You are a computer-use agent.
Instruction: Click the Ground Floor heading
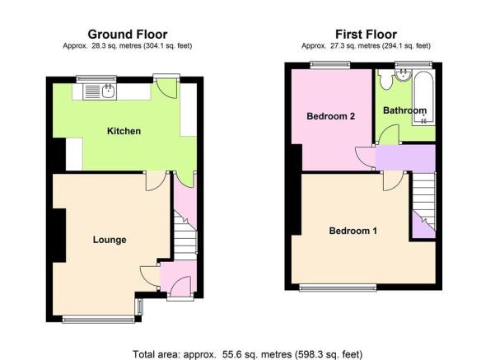click(128, 34)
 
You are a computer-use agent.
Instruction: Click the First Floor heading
click(366, 34)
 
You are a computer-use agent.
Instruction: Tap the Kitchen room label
click(124, 131)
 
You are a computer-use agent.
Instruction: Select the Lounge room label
click(110, 240)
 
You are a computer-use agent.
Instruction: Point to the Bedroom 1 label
click(353, 231)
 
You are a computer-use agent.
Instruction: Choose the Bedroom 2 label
click(330, 116)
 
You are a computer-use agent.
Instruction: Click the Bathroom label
click(404, 110)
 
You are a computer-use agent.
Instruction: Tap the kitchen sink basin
click(109, 91)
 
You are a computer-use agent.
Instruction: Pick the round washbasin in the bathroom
click(403, 76)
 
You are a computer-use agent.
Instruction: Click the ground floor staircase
click(185, 236)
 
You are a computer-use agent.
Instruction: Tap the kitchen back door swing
click(166, 88)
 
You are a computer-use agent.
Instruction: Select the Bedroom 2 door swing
click(366, 158)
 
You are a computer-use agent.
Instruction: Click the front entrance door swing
click(180, 287)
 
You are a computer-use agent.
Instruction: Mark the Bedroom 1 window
click(338, 287)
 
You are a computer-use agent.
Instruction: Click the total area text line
click(247, 354)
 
